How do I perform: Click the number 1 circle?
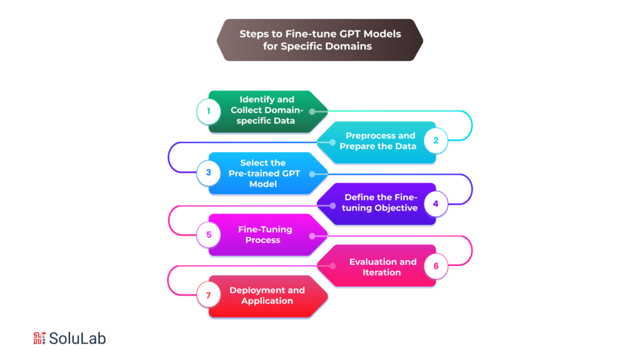pos(209,112)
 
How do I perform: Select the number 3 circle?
pos(209,173)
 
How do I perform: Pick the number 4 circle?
pos(436,204)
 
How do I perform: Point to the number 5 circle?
pos(209,235)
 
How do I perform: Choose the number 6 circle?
pos(436,266)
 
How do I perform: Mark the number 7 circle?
pos(209,296)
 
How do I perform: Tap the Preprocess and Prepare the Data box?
pos(378,141)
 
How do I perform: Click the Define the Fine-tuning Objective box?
pos(378,203)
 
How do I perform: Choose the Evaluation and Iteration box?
pos(378,266)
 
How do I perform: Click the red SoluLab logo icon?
pos(39,338)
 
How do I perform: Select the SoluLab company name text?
pos(78,338)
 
